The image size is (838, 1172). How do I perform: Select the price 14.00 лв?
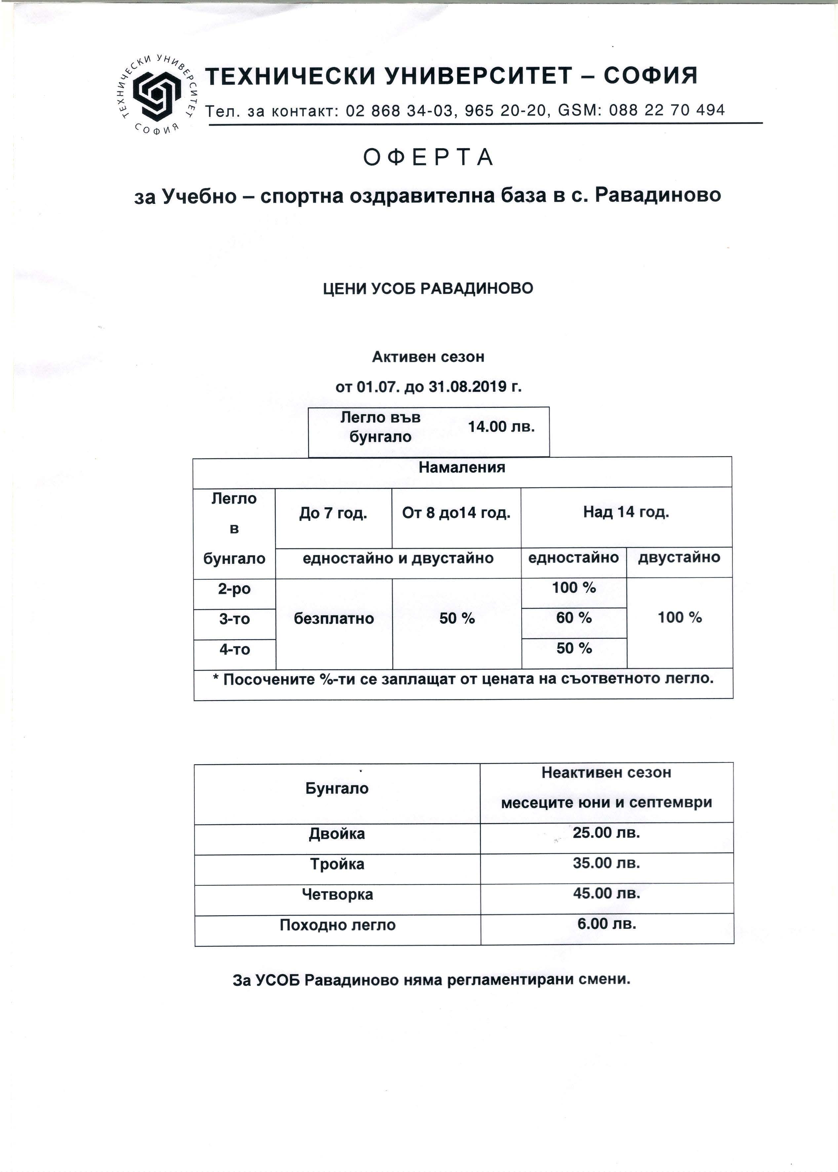500,427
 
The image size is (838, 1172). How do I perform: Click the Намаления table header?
462,468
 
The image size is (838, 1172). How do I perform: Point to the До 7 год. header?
333,514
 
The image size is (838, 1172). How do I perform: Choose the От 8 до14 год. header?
456,513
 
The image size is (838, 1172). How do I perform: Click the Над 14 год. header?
626,512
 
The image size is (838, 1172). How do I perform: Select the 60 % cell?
574,617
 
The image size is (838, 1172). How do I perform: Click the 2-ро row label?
234,589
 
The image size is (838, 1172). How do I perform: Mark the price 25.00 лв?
606,833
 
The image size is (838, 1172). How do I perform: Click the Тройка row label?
337,864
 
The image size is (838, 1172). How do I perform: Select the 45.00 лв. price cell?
606,893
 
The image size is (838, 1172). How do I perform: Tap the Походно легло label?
338,925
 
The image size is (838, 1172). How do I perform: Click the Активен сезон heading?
428,356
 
